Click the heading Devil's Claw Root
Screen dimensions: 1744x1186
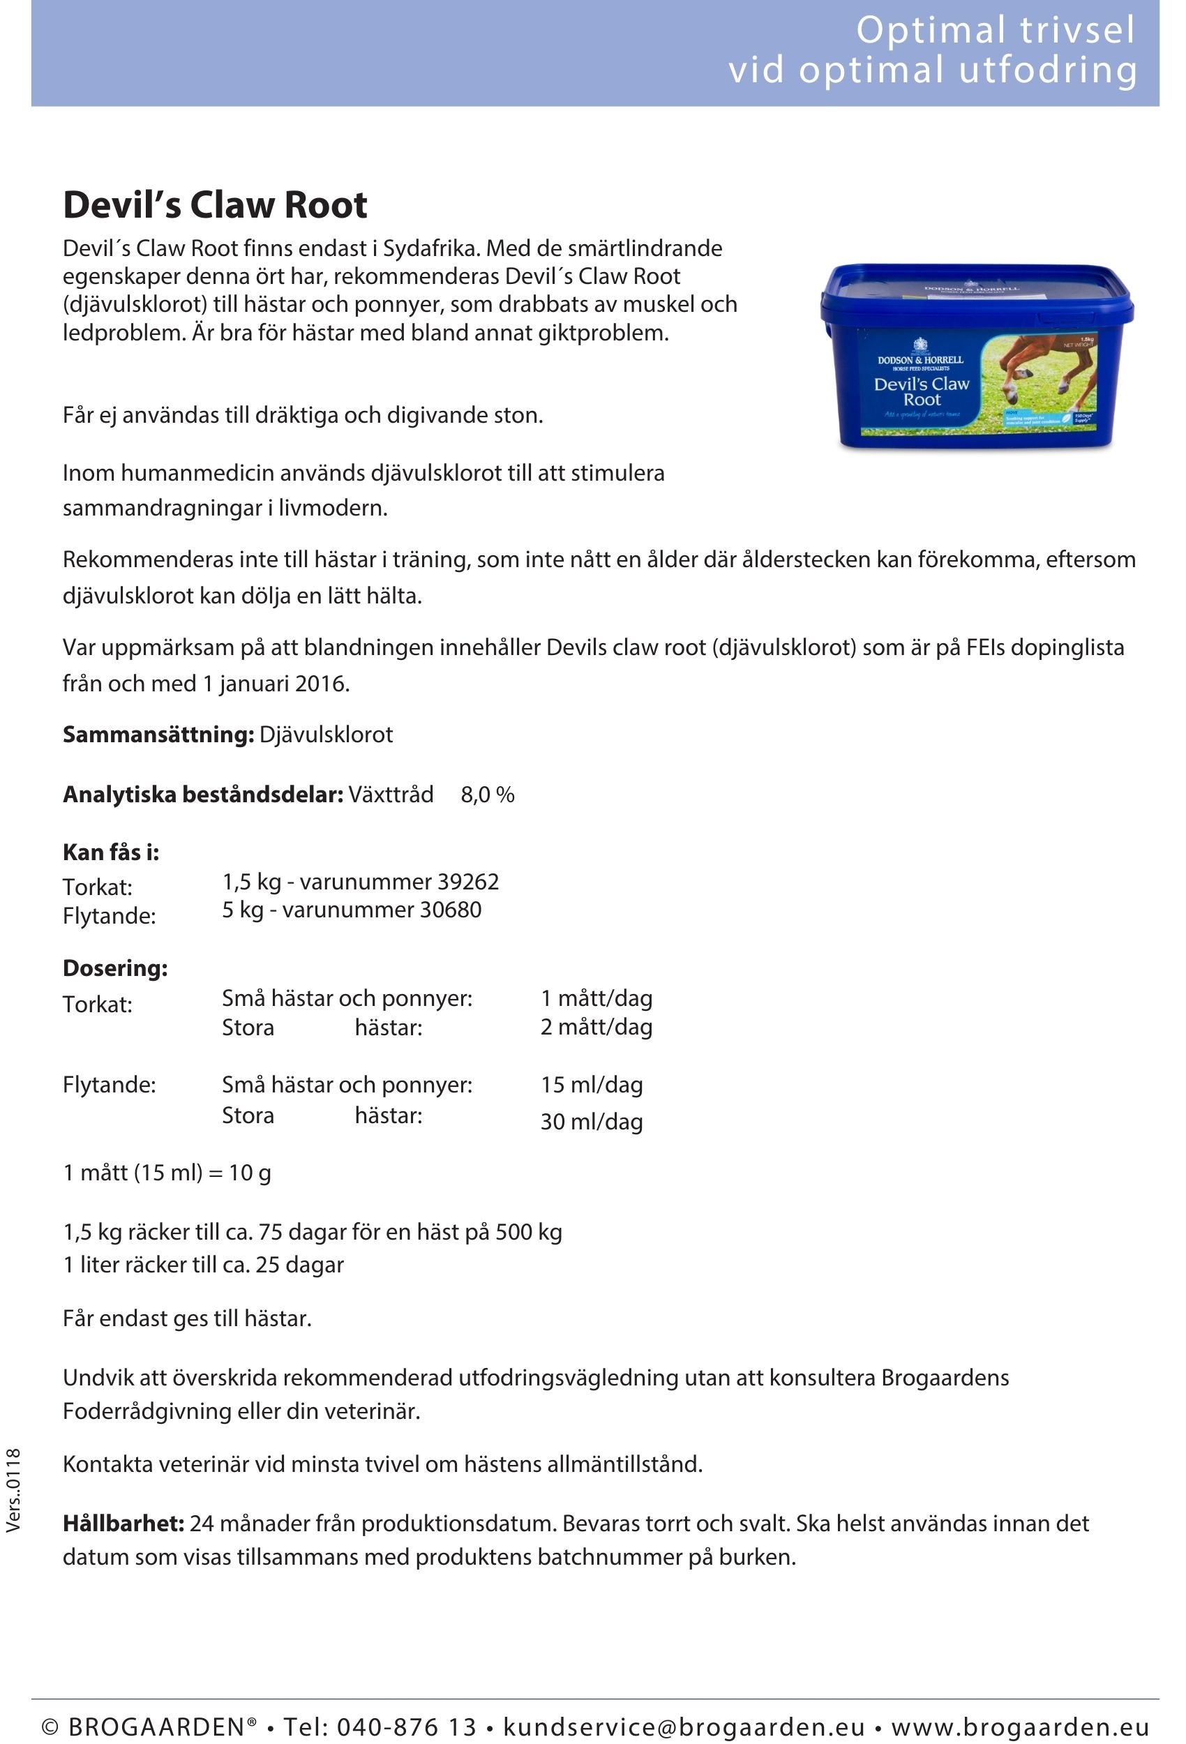point(215,205)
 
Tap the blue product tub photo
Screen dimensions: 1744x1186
point(976,357)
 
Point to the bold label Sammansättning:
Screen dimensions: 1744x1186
point(158,734)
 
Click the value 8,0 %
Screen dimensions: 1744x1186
point(487,794)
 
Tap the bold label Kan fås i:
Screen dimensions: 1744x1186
point(111,852)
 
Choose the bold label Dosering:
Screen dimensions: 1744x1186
point(115,968)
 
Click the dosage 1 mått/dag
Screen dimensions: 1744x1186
point(596,998)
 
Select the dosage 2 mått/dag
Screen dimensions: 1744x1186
point(596,1027)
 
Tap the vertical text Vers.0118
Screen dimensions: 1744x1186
point(13,1489)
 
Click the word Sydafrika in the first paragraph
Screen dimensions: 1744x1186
point(430,248)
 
